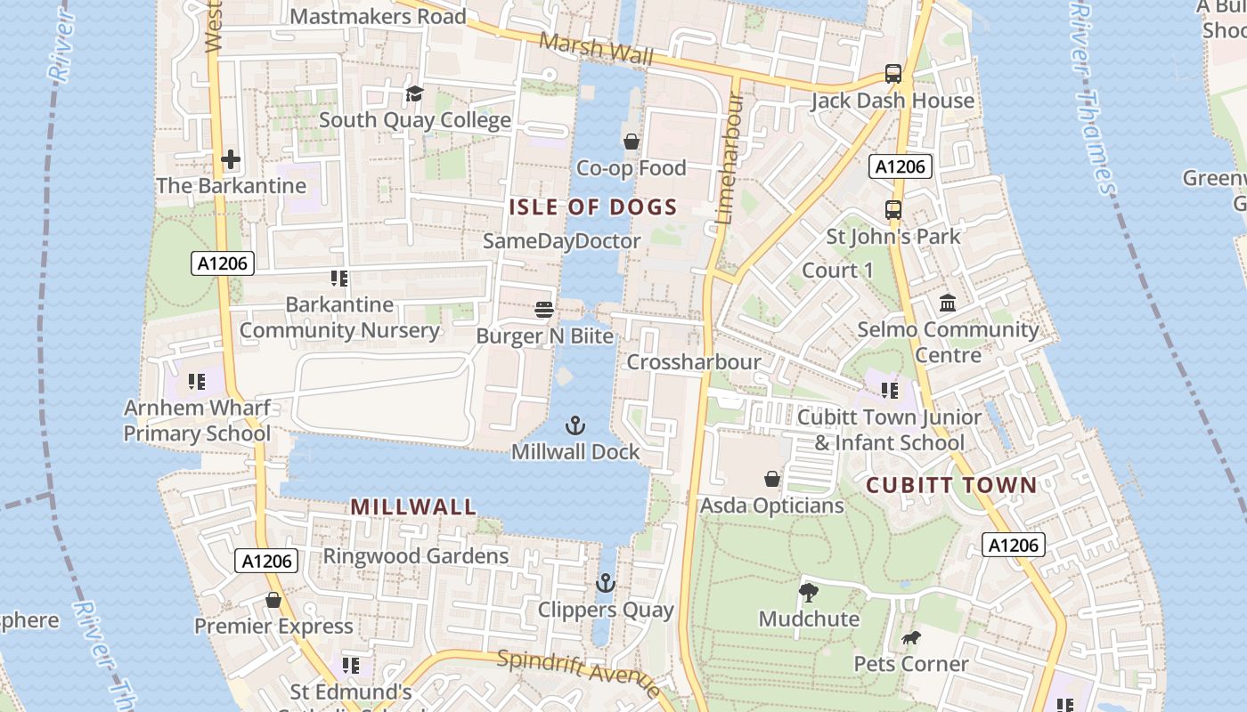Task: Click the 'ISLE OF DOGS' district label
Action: [592, 207]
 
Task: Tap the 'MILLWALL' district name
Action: [413, 507]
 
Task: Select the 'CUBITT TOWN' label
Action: [951, 486]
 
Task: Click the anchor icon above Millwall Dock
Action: [575, 425]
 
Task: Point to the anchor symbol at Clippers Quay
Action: [606, 584]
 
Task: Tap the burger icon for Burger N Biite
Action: [544, 310]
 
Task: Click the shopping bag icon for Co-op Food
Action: [632, 142]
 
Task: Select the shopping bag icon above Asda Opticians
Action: [772, 479]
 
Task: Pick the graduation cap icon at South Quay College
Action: [414, 93]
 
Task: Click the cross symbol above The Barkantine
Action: [231, 160]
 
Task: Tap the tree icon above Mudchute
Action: [809, 593]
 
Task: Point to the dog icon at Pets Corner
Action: [910, 638]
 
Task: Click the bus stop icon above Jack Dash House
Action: [892, 74]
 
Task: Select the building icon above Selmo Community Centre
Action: [948, 303]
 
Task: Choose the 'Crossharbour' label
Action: [694, 362]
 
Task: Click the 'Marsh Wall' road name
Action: [596, 49]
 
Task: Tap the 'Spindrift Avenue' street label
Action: [579, 672]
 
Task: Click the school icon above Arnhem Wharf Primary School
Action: [197, 382]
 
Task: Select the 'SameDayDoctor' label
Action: [561, 241]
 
